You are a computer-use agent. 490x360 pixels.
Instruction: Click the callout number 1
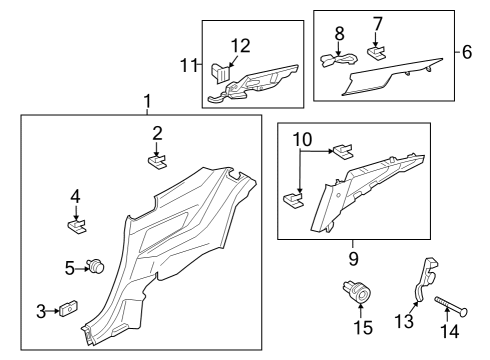(148, 101)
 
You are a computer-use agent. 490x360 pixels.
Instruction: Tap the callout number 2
(157, 133)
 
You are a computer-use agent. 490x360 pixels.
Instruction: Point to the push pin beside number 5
(97, 266)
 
